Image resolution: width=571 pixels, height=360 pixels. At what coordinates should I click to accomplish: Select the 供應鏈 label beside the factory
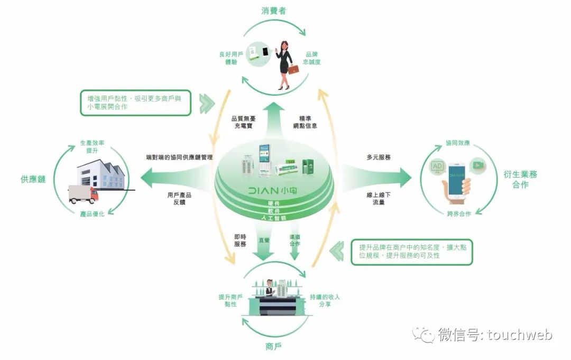(33, 179)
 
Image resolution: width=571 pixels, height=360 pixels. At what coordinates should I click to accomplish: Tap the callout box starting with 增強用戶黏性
(136, 102)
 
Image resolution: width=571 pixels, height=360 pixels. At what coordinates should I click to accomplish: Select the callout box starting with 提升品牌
(411, 252)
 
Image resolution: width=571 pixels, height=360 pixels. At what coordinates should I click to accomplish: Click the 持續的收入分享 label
(325, 300)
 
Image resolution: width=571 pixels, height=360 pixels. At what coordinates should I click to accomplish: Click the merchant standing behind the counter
(269, 289)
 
